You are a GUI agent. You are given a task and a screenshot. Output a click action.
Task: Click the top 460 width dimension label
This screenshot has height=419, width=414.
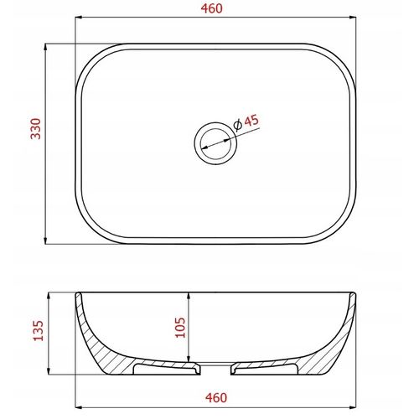coord(212,8)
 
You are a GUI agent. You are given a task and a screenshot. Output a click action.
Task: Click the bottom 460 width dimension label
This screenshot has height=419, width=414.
coord(216,398)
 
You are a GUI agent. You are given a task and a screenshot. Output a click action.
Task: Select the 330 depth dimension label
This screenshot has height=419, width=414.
coord(36,129)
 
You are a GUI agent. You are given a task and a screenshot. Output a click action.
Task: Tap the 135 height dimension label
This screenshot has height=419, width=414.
coord(39,331)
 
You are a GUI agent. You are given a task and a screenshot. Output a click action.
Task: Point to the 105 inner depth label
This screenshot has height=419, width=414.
coord(180,328)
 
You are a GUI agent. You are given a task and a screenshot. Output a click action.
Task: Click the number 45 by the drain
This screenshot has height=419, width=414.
coord(251,122)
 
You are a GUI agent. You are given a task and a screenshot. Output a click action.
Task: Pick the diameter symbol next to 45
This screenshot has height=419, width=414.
coord(238,126)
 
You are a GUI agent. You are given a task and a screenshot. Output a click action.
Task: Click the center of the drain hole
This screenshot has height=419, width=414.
coord(215,143)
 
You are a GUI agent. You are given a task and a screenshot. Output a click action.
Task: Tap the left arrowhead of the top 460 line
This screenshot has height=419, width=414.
coord(79,18)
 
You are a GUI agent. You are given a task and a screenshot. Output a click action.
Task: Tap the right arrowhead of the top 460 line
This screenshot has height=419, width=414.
coord(353,18)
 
